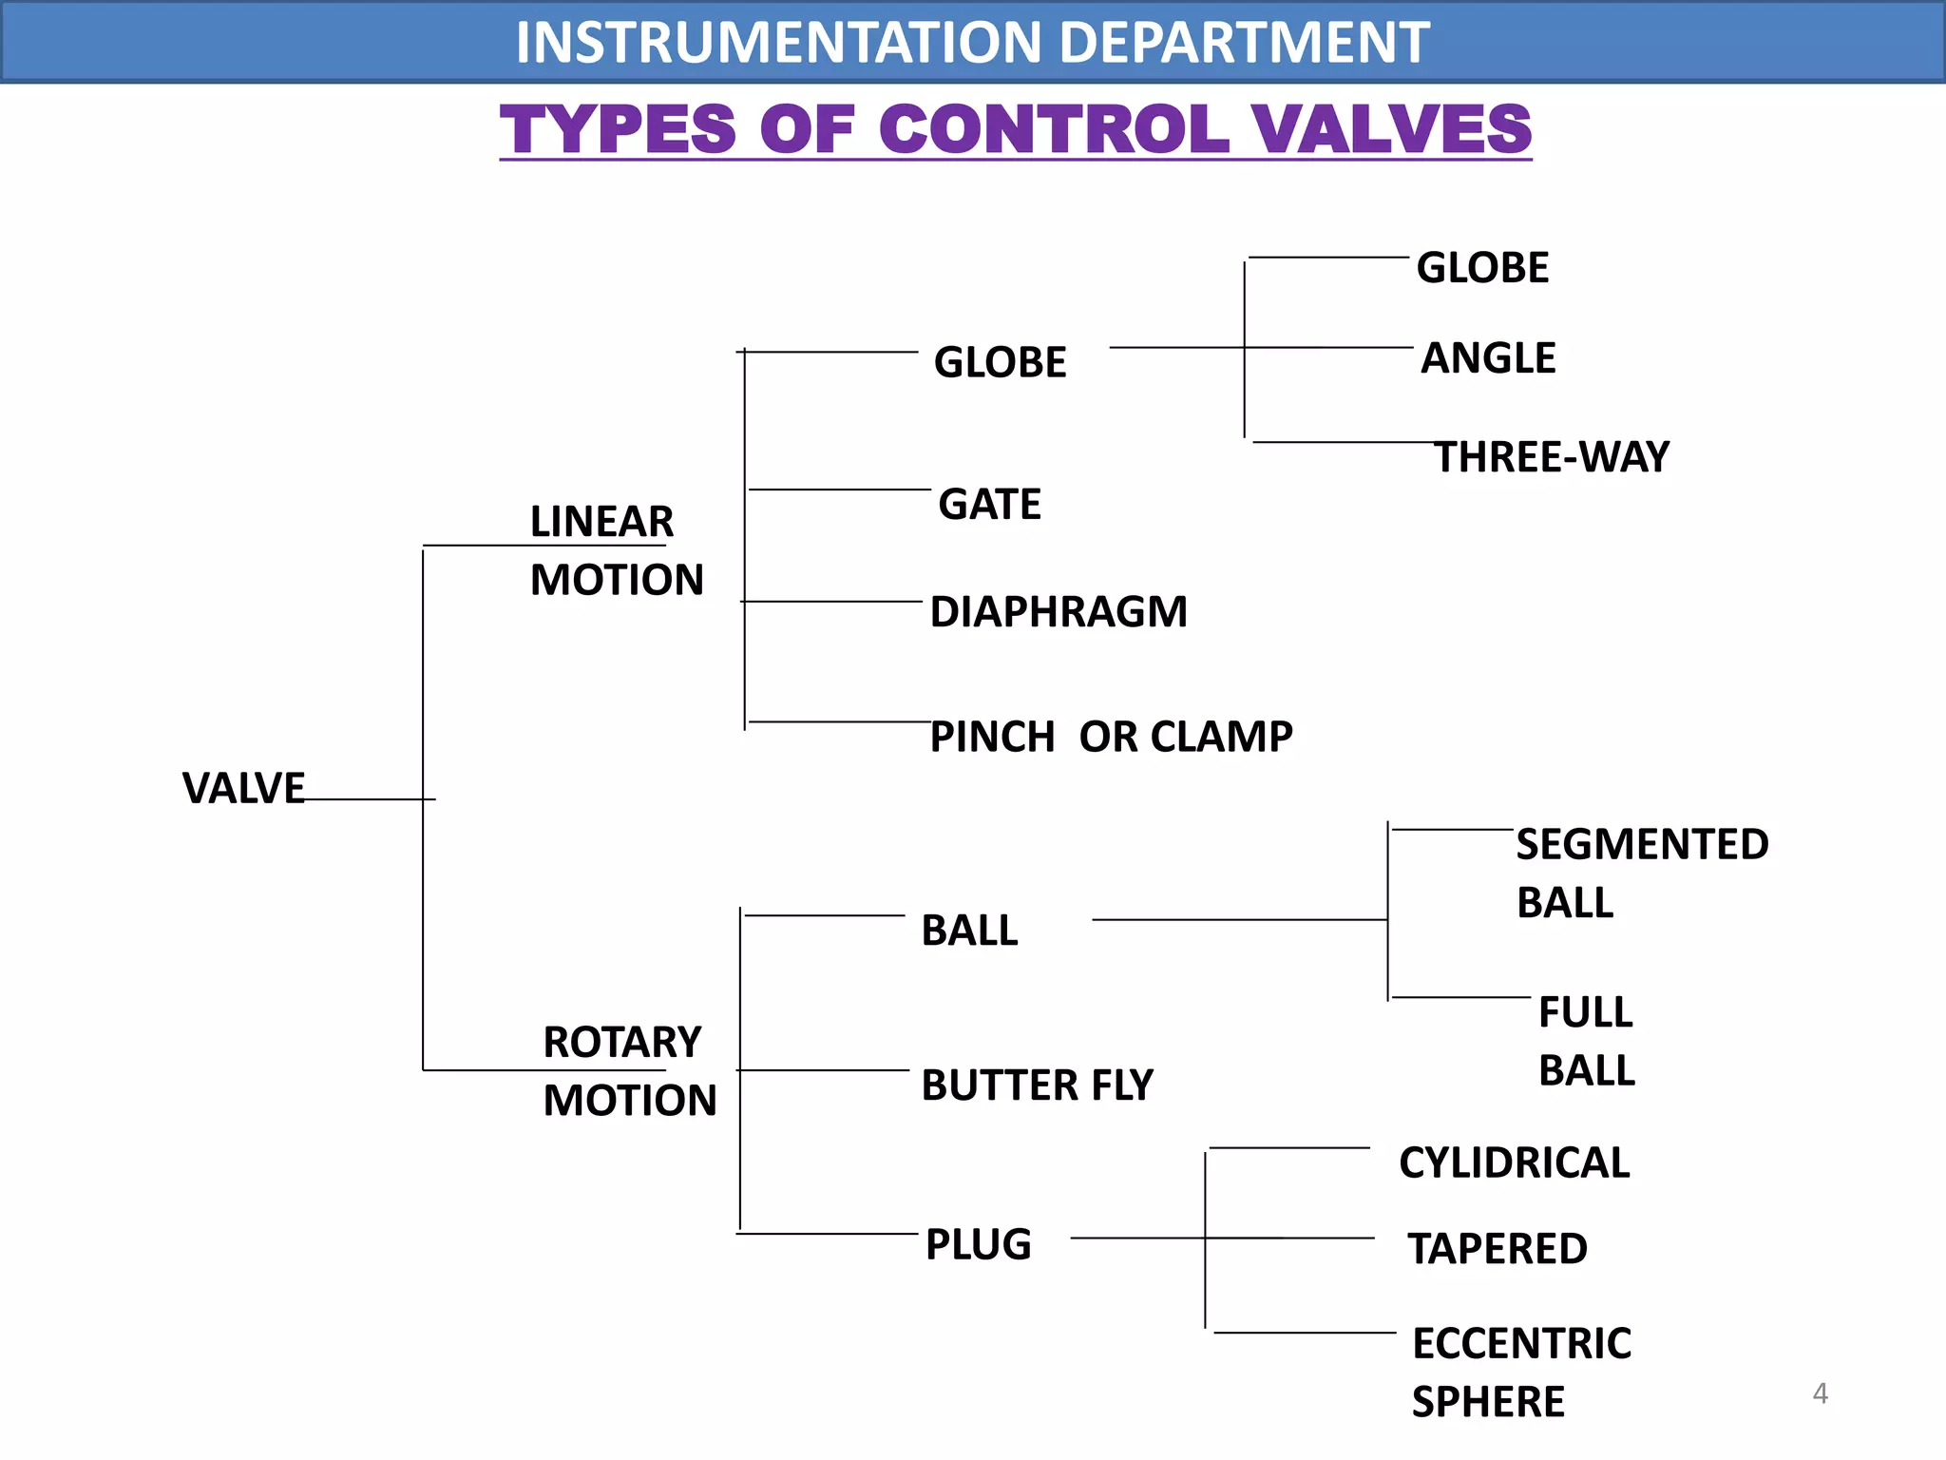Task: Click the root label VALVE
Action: click(243, 788)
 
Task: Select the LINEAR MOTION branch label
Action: click(616, 550)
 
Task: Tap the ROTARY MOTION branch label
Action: click(628, 1071)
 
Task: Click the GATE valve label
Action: click(989, 504)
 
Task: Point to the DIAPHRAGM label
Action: click(1058, 611)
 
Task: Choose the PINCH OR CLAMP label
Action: click(1110, 737)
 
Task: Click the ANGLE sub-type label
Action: click(1487, 358)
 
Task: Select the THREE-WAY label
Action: click(1551, 457)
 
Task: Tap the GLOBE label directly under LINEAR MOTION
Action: click(1000, 362)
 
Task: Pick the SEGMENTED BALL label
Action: click(1641, 873)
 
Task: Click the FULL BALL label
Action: click(1586, 1041)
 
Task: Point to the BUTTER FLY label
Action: click(1037, 1085)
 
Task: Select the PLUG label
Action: click(978, 1244)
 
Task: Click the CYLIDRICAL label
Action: click(1514, 1162)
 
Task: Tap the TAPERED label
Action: click(1497, 1248)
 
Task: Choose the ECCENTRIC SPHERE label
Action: click(1520, 1372)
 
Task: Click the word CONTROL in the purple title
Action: click(1053, 129)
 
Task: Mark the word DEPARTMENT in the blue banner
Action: click(1243, 42)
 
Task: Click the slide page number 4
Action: click(1820, 1393)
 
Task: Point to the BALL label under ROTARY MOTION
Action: click(969, 931)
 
